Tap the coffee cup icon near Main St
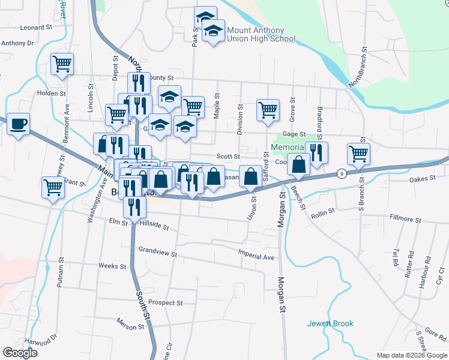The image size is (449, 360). coord(18,124)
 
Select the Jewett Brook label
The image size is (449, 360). coord(331,323)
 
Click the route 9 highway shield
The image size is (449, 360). coord(342,173)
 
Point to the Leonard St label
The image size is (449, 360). coord(37,28)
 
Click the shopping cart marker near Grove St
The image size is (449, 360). coord(268,110)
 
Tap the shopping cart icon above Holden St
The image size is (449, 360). coord(62,64)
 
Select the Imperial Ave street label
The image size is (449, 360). coord(256,257)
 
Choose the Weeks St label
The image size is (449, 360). coord(112,266)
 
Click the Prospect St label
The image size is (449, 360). coord(165,303)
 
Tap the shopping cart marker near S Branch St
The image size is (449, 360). coord(358,153)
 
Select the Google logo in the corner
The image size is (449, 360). coord(20,352)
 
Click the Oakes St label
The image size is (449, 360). coord(422,179)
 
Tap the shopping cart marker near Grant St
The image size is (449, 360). coord(53,187)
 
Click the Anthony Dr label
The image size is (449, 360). coord(17,43)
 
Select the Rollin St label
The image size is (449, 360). coord(322,212)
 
